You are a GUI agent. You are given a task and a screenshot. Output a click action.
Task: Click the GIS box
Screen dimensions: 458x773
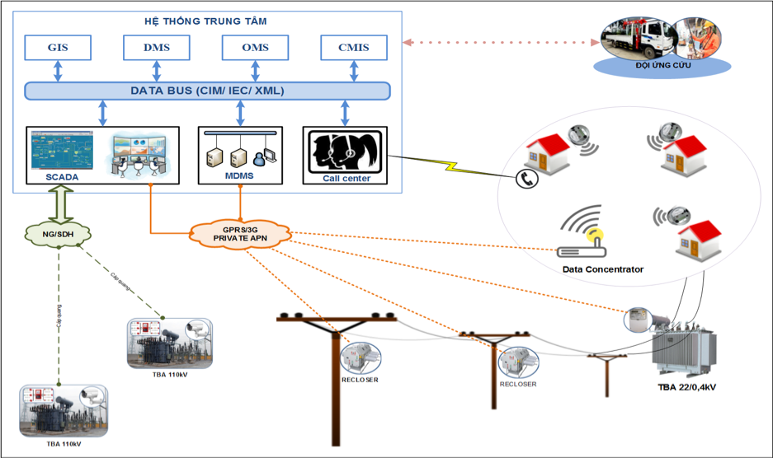tap(58, 48)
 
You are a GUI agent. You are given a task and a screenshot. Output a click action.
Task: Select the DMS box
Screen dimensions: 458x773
tap(157, 48)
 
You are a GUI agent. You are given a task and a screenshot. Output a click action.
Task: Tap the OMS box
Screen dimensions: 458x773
tap(256, 48)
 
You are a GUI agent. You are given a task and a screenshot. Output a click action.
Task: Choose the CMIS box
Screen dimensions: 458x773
tap(354, 48)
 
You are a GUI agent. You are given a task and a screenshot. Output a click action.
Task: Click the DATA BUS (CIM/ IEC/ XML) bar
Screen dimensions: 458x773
tap(207, 91)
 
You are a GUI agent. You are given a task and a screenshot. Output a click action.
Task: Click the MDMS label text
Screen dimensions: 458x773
tap(240, 176)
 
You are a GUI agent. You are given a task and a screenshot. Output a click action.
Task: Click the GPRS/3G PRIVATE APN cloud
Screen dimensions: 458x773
tap(241, 233)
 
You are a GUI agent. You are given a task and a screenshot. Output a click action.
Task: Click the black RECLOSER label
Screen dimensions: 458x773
tap(361, 381)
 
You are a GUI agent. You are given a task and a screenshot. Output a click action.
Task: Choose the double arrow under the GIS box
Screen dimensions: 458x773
tap(58, 70)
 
